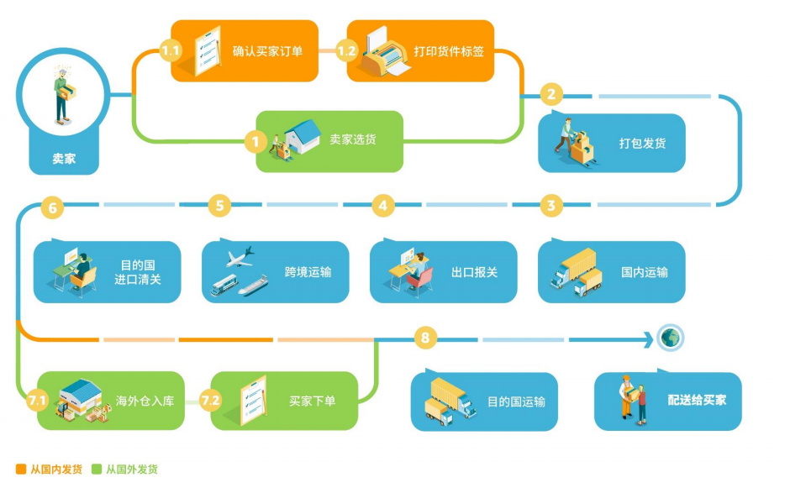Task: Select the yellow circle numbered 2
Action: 551,94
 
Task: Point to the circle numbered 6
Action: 52,206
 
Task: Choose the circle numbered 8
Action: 426,339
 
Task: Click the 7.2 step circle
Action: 211,401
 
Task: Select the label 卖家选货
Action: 353,139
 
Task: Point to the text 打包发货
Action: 642,143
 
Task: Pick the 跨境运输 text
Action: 308,272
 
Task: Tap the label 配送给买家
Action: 698,400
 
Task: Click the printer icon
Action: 385,52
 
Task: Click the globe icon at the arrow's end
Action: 671,338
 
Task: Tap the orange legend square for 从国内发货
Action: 21,470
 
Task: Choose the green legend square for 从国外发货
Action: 97,470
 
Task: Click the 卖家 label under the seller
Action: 64,157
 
